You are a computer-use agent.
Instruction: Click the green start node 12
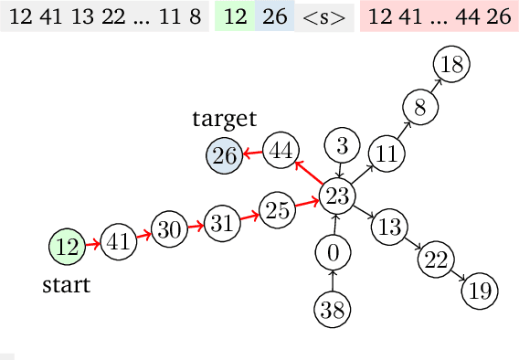(66, 246)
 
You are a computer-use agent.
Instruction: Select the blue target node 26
(225, 156)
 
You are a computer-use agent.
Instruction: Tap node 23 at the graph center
(338, 195)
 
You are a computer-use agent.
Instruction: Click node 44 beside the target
(281, 150)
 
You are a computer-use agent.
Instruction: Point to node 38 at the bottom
(333, 309)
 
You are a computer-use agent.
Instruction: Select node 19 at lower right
(479, 291)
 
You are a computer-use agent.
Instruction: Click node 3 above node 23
(342, 145)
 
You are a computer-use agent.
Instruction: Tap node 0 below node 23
(333, 251)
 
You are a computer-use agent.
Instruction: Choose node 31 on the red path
(219, 222)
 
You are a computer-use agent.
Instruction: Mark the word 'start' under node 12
(67, 285)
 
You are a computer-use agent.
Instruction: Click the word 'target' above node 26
(225, 119)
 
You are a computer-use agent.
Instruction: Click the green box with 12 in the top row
(234, 17)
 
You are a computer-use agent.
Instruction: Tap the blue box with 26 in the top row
(273, 17)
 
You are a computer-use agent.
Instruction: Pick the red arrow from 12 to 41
(90, 244)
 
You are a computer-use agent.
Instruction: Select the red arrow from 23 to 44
(309, 173)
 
